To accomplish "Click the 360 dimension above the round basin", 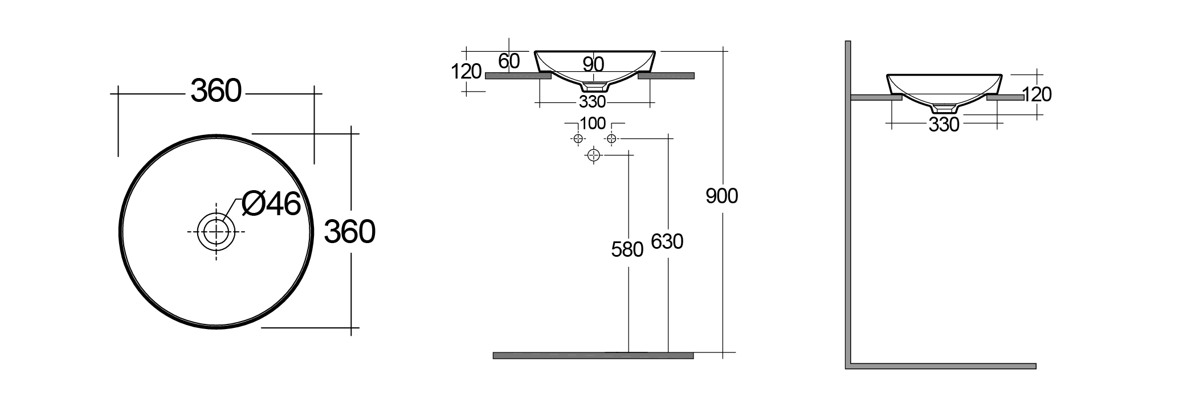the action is point(216,91).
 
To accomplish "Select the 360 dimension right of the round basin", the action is point(349,232).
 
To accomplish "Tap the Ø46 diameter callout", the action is point(271,203).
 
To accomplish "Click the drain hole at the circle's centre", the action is point(216,232).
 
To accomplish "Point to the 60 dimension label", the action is point(509,61).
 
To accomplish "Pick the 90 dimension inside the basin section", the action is point(593,64).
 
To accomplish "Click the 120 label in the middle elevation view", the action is point(466,72).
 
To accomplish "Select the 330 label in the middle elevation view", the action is point(592,102).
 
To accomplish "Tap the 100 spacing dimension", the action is point(593,124).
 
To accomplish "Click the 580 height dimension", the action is point(627,249).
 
